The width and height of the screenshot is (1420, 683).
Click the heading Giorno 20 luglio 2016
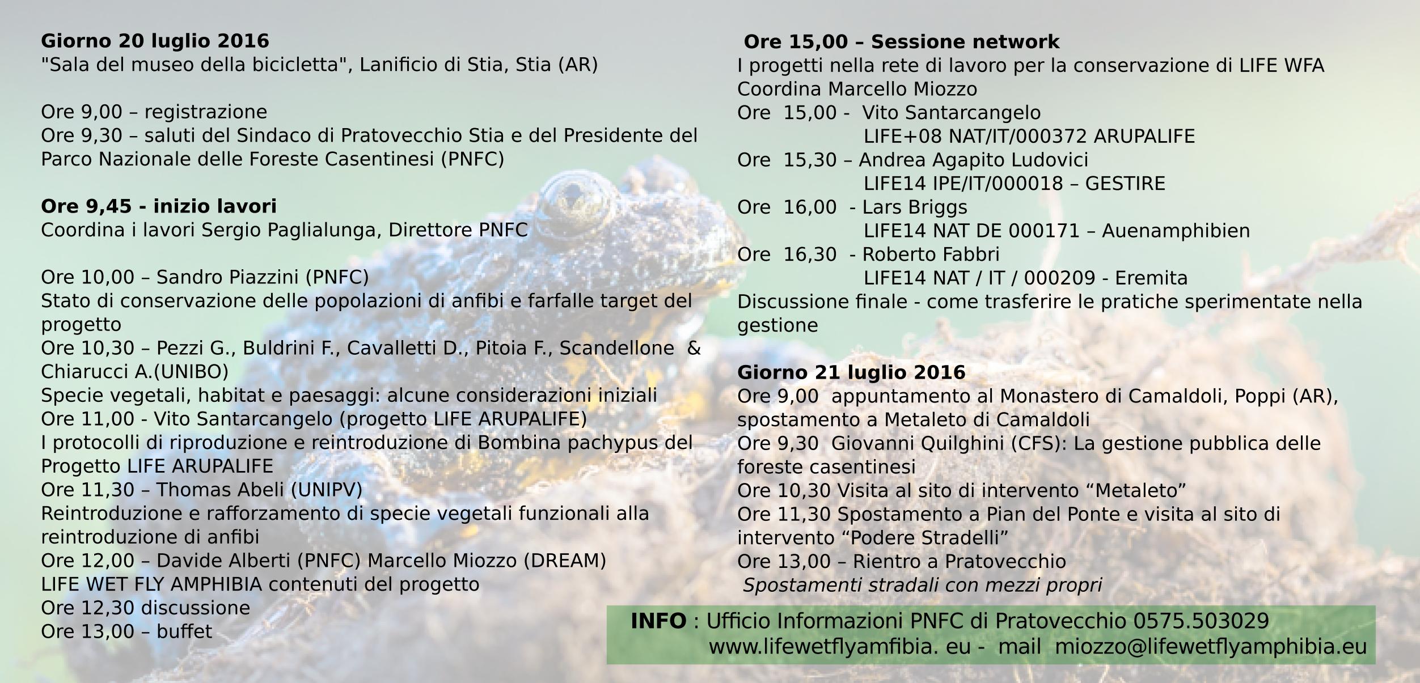pyautogui.click(x=155, y=41)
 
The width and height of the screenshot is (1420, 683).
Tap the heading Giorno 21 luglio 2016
pyautogui.click(x=851, y=372)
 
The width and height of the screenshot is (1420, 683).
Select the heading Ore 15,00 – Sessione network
pyautogui.click(x=901, y=42)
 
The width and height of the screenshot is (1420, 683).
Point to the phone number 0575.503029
pyautogui.click(x=1201, y=621)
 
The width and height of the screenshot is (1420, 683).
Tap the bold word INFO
pyautogui.click(x=658, y=621)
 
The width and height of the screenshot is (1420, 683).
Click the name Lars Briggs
pyautogui.click(x=915, y=207)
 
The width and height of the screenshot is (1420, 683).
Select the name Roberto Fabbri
pyautogui.click(x=931, y=254)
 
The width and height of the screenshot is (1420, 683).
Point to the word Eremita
pyautogui.click(x=1151, y=278)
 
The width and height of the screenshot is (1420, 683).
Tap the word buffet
pyautogui.click(x=184, y=631)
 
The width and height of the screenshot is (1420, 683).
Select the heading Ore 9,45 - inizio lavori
pyautogui.click(x=159, y=206)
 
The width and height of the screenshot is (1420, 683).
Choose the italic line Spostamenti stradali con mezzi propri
pyautogui.click(x=922, y=586)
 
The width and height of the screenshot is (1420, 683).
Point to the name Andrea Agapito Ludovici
pyautogui.click(x=973, y=160)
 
